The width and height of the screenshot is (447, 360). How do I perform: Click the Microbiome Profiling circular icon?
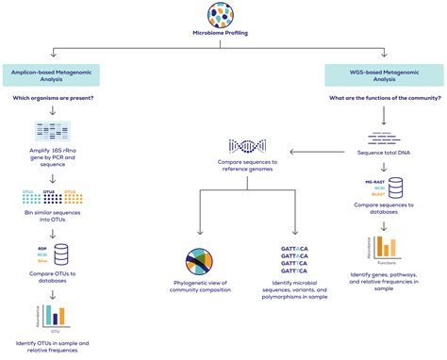(x=223, y=17)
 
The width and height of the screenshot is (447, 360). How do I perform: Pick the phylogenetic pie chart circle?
(x=200, y=240)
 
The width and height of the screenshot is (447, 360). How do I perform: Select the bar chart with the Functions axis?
(x=386, y=247)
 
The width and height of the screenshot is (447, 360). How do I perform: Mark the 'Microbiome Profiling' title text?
(x=223, y=41)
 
